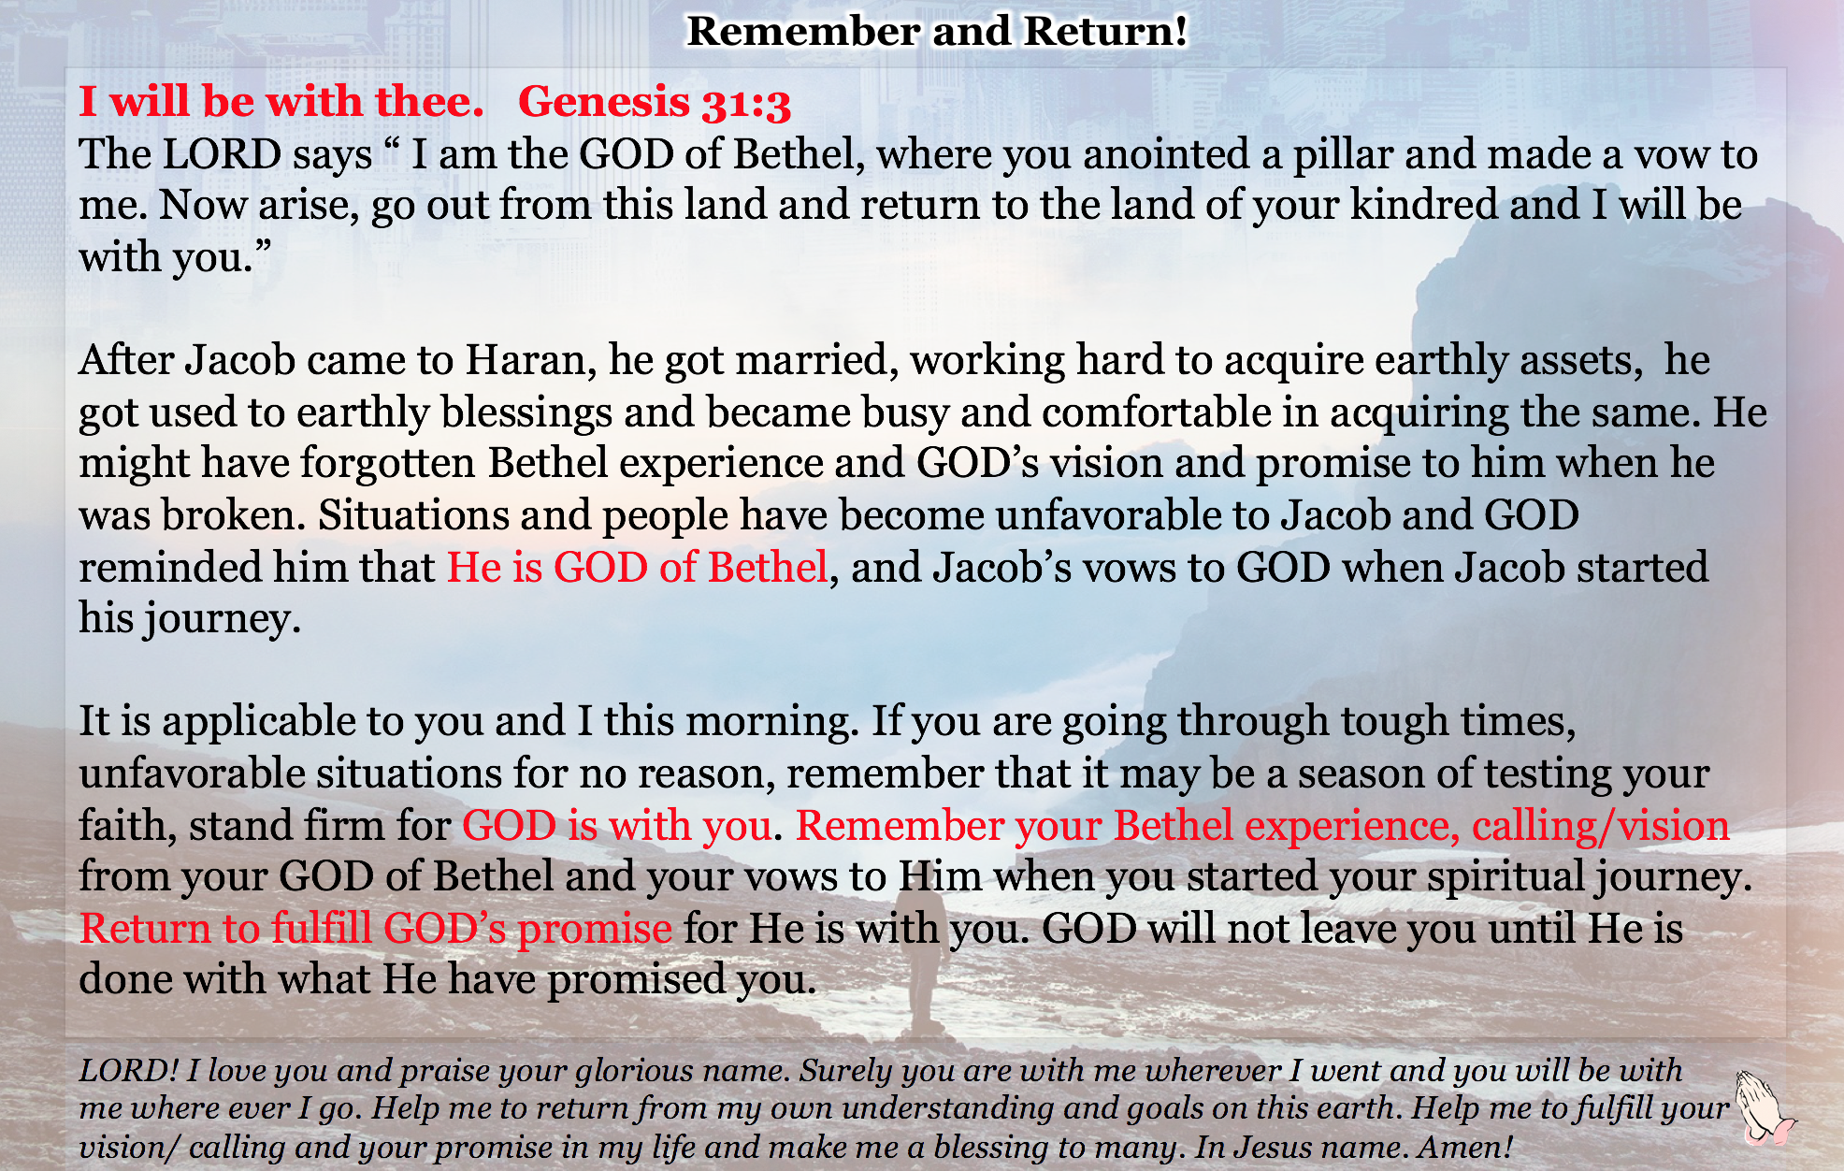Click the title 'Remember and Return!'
[937, 32]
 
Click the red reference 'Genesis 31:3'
[655, 102]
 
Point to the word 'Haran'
[526, 360]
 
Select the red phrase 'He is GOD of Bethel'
[638, 568]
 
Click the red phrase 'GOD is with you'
[617, 826]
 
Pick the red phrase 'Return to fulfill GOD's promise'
[376, 929]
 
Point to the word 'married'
[817, 360]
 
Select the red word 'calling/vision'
[1601, 827]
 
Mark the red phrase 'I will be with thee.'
[281, 102]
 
